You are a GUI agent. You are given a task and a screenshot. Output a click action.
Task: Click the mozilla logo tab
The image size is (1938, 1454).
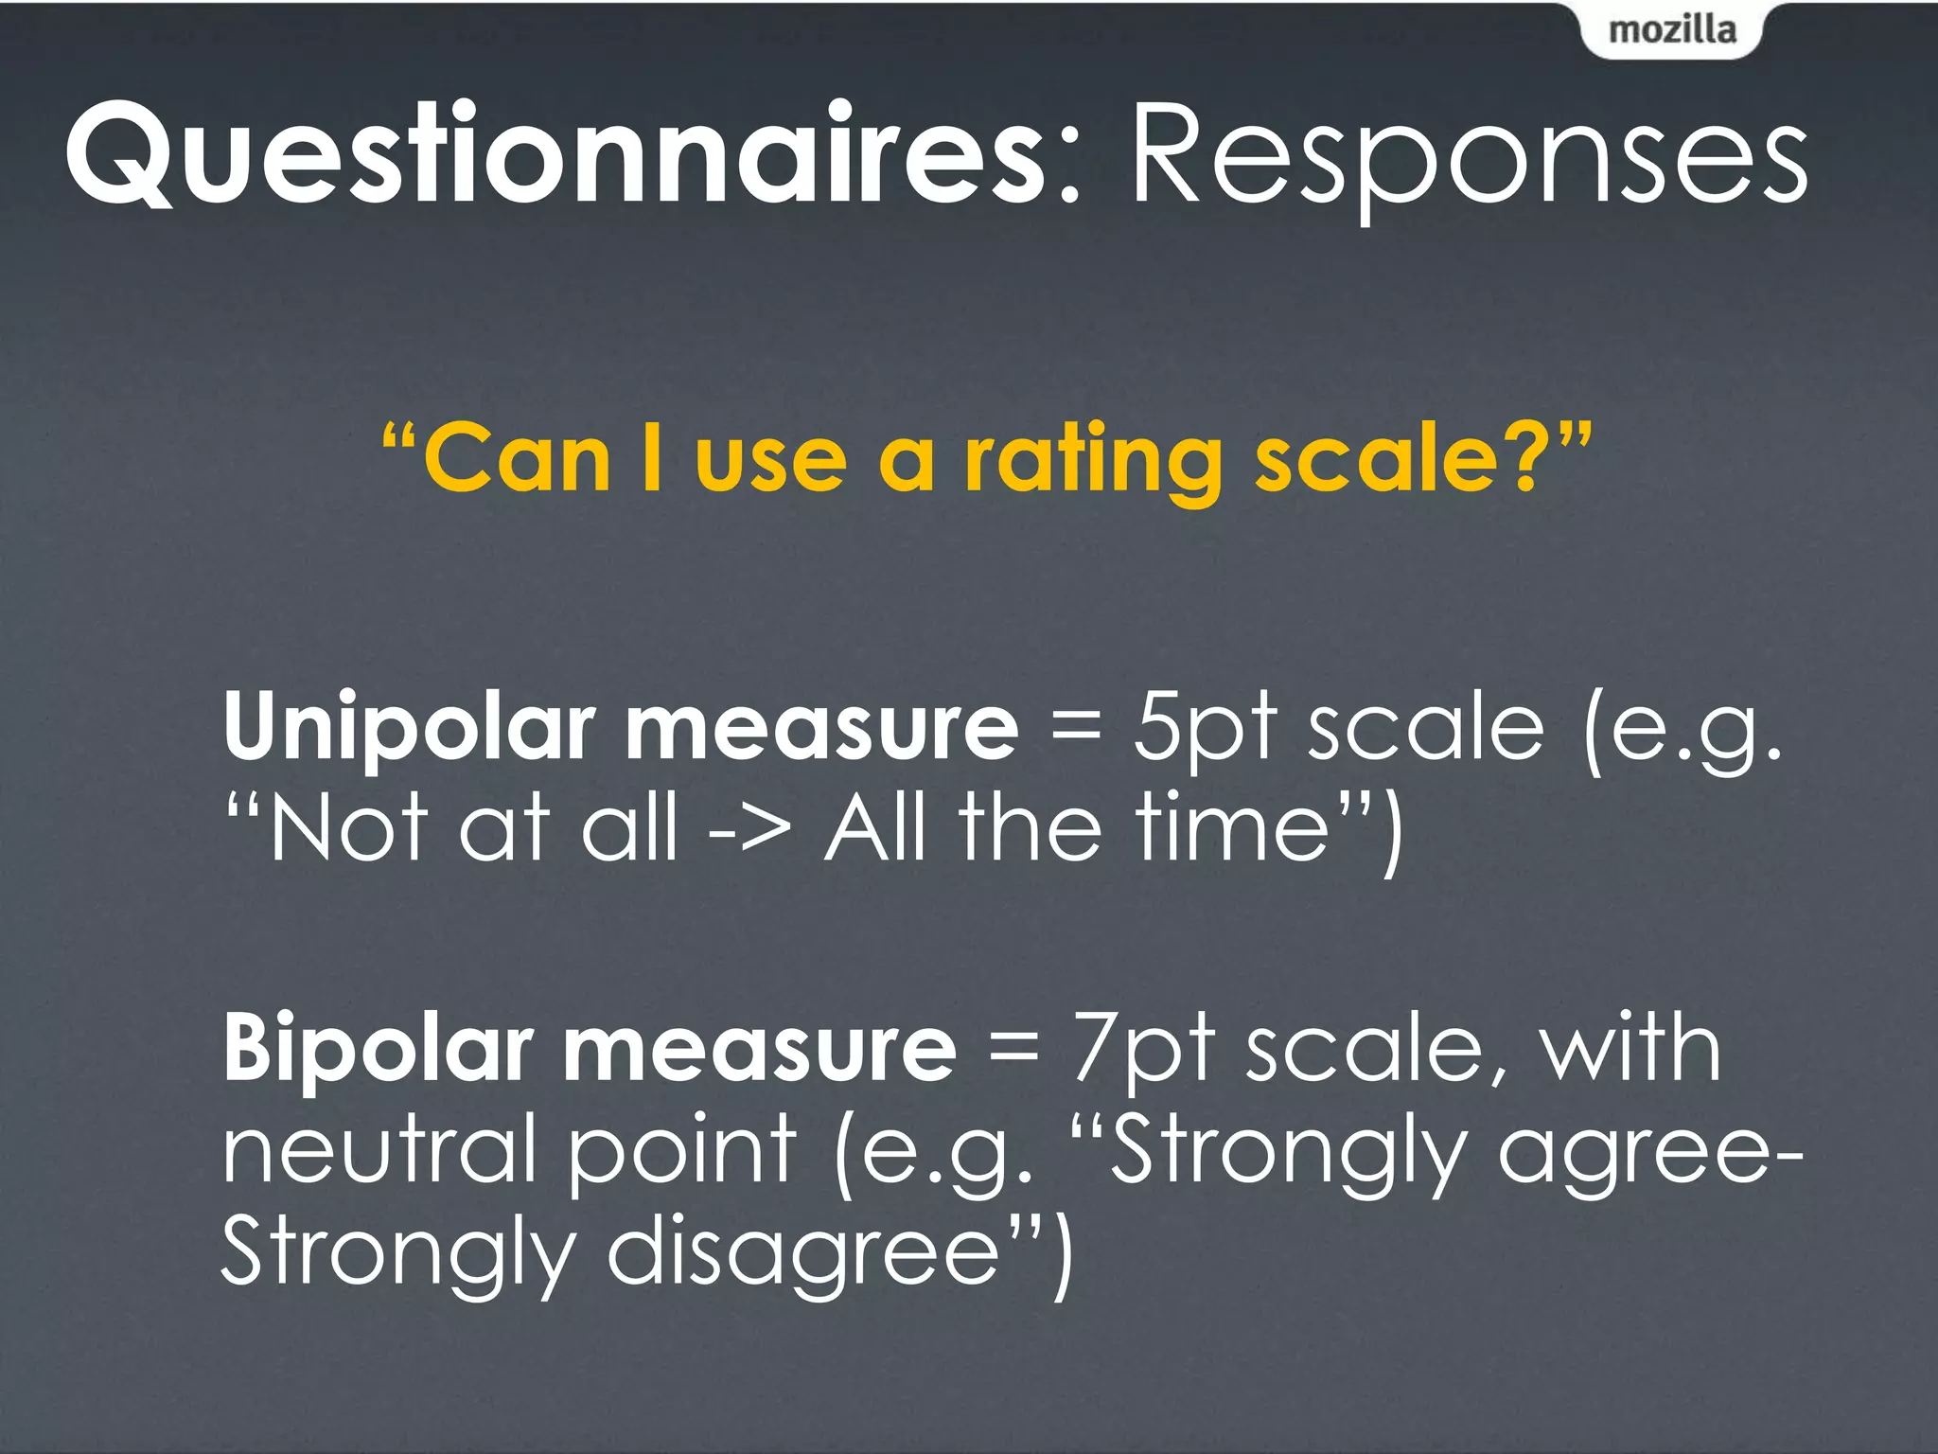click(1672, 30)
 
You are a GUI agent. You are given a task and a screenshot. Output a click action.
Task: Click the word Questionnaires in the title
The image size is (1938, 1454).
click(554, 156)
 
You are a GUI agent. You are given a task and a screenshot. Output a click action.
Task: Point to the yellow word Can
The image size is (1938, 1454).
click(517, 460)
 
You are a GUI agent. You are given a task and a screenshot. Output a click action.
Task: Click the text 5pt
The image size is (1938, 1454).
click(1206, 727)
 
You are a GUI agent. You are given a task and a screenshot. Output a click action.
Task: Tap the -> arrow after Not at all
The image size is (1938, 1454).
click(749, 829)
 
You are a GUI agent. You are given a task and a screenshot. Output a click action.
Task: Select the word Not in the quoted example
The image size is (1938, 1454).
click(346, 827)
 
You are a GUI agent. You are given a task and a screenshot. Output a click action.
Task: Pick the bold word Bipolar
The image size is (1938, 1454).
click(379, 1049)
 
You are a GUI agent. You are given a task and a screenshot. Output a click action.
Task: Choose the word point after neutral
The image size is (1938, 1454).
click(681, 1151)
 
